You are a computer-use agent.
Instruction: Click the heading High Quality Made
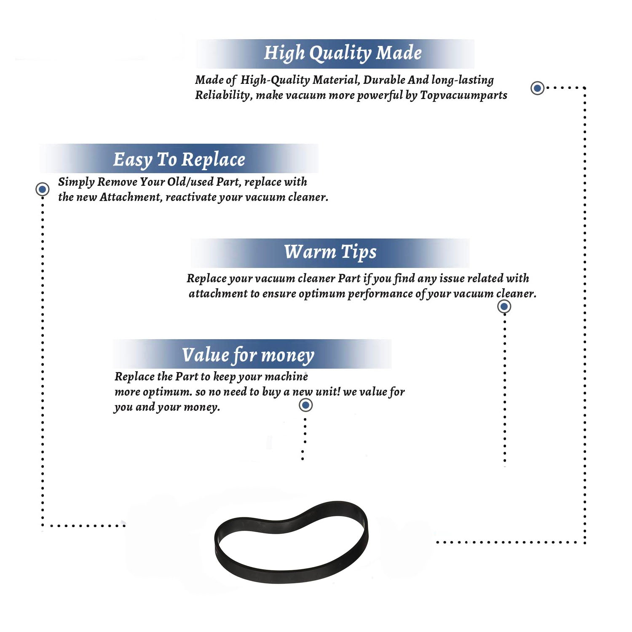343,54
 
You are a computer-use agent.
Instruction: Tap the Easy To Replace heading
179,160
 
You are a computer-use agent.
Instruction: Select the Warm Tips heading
330,252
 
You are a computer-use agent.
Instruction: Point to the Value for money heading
248,355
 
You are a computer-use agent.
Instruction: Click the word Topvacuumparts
463,96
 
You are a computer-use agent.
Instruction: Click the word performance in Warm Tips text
380,294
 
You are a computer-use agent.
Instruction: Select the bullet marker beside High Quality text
537,88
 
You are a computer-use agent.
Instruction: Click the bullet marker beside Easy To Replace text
42,189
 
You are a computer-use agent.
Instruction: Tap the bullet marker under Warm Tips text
504,306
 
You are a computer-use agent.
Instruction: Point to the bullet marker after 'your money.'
305,405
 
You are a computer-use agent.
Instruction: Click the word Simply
76,182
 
